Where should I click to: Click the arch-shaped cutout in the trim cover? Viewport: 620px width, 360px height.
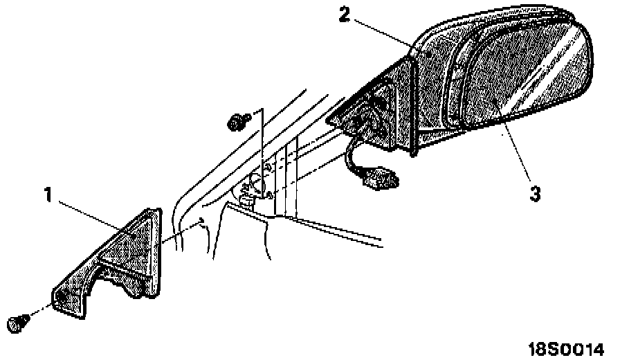tap(118, 280)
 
